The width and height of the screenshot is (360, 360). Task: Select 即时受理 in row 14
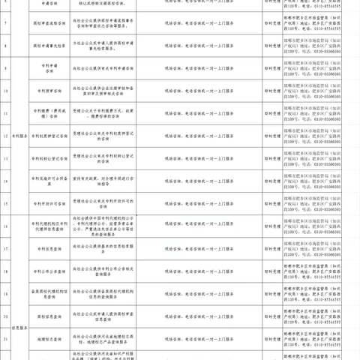coord(274,181)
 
